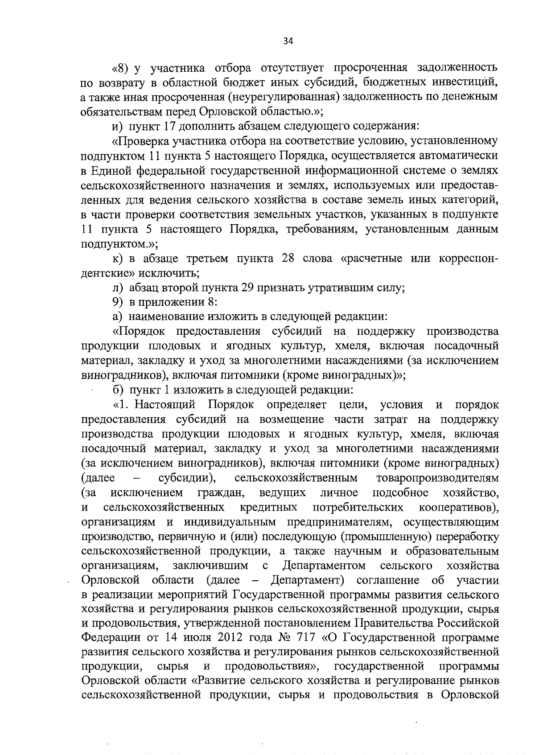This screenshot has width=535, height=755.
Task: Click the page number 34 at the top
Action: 288,41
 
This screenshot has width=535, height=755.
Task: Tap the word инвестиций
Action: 461,82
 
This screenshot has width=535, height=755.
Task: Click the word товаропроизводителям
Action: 437,478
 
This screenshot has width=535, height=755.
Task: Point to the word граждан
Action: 220,493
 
